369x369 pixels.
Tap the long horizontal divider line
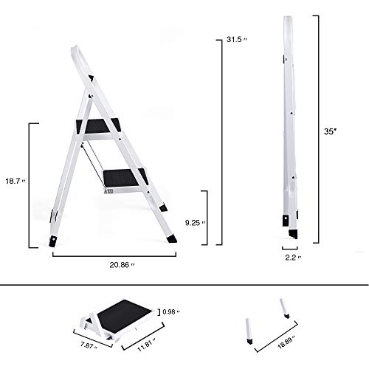[184, 286]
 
